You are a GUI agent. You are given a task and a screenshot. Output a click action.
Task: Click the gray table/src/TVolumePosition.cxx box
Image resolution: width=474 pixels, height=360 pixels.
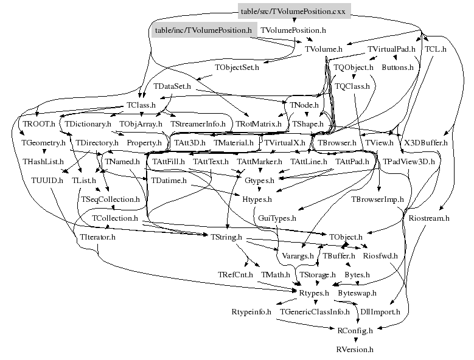click(x=293, y=11)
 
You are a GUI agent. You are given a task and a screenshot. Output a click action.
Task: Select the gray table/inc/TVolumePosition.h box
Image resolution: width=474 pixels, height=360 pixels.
click(x=203, y=29)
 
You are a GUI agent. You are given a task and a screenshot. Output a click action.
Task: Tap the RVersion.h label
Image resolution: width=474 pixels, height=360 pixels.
click(x=355, y=350)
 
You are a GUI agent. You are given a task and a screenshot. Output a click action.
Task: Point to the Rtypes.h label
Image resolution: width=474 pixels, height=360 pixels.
click(x=314, y=292)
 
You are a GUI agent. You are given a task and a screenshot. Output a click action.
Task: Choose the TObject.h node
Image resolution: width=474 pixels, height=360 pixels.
click(x=346, y=236)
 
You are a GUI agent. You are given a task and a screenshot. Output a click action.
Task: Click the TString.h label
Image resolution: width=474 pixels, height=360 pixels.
click(x=226, y=236)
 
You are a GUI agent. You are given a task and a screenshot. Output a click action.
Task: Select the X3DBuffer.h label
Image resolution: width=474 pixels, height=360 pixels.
click(x=425, y=142)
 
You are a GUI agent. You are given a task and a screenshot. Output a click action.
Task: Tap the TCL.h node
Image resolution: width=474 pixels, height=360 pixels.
click(x=436, y=49)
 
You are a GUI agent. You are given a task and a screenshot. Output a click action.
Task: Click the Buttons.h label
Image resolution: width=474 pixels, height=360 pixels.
click(x=397, y=67)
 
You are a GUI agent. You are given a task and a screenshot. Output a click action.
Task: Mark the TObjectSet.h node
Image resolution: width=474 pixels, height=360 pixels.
click(x=237, y=67)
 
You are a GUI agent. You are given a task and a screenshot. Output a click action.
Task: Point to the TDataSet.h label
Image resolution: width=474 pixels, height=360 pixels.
click(x=173, y=86)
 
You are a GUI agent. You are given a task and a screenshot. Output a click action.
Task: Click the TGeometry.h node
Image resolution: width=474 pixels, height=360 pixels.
click(x=43, y=142)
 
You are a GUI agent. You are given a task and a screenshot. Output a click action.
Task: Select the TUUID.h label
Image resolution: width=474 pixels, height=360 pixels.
click(x=47, y=180)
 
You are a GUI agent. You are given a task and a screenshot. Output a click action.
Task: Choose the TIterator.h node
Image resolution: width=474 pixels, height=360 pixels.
click(x=97, y=236)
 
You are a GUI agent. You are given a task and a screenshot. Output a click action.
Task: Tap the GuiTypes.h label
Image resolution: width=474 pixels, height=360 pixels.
click(x=277, y=217)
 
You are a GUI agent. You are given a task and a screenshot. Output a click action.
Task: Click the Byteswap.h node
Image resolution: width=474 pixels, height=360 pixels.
click(x=357, y=292)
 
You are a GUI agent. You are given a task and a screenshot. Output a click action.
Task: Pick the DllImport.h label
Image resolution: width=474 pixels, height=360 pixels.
click(x=380, y=311)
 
